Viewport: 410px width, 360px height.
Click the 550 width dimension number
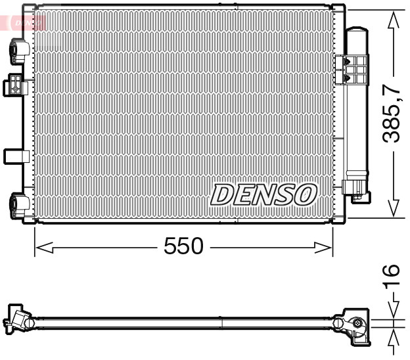tap(183, 246)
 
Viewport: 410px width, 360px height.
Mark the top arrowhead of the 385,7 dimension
tap(393, 20)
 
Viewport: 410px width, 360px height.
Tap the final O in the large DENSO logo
tap(305, 194)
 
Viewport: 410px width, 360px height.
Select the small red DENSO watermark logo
tap(25, 22)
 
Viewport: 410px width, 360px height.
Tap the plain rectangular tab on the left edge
tap(14, 156)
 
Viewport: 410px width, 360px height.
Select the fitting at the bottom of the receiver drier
tap(359, 189)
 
